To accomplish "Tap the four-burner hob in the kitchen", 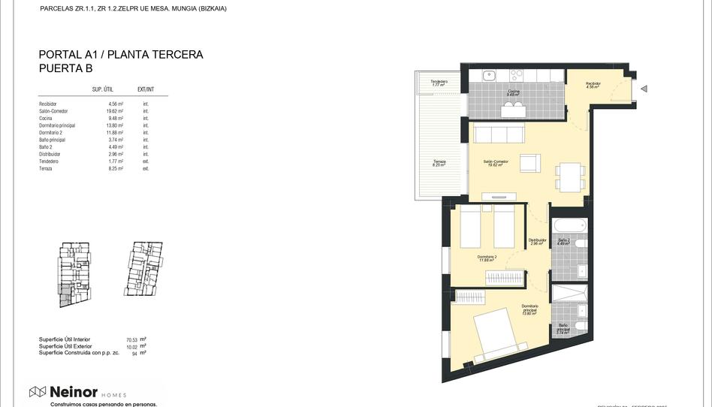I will (x=517, y=75).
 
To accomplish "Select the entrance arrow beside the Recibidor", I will (x=644, y=89).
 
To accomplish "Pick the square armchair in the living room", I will (x=529, y=162).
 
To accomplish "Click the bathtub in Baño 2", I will (x=569, y=225).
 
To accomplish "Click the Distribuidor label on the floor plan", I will (x=536, y=240).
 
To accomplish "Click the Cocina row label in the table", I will (x=47, y=118).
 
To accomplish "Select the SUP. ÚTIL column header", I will (x=102, y=89).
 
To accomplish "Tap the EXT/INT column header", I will (x=146, y=89).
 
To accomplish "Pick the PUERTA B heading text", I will (x=65, y=68).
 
